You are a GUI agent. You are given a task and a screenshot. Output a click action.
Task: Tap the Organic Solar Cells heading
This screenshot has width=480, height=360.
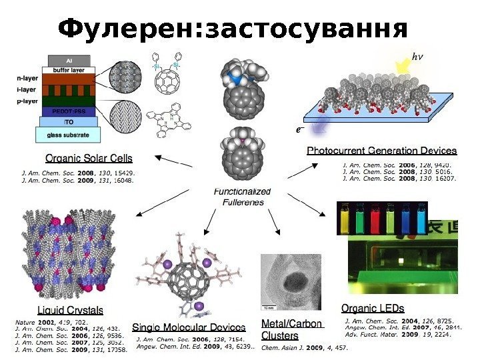(x=89, y=159)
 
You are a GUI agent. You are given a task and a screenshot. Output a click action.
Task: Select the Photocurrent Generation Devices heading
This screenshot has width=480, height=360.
(x=381, y=151)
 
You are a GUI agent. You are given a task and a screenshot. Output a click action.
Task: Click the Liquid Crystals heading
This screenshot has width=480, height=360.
(x=70, y=310)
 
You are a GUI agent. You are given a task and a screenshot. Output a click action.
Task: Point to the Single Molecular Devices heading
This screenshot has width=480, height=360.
(x=189, y=327)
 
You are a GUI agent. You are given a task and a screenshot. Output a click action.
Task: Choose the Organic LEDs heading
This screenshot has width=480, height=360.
(x=373, y=308)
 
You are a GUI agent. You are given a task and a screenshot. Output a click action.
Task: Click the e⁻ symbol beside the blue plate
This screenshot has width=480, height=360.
(x=301, y=129)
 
